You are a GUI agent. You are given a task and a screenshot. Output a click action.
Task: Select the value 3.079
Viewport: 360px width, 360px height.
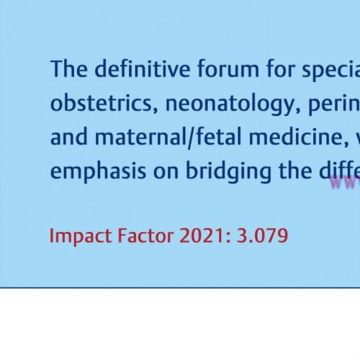pyautogui.click(x=262, y=235)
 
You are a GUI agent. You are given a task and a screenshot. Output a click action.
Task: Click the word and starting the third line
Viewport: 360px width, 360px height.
pyautogui.click(x=66, y=137)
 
